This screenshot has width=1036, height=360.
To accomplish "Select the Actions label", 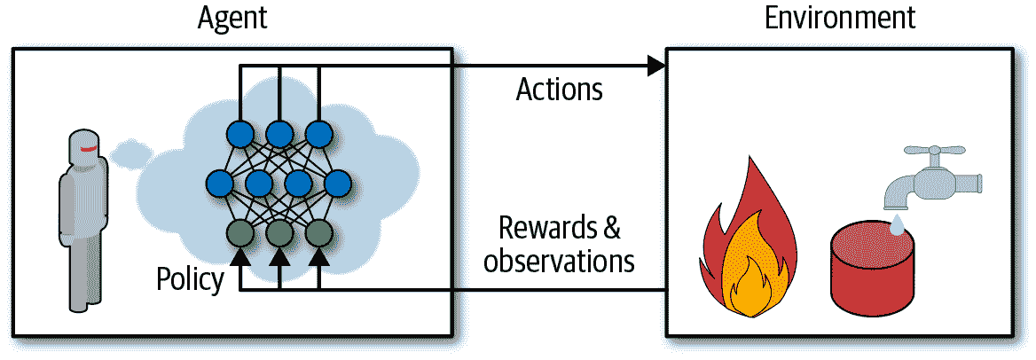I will pos(559,90).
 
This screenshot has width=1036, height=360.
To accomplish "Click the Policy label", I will pos(190,279).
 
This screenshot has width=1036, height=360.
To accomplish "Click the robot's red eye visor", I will pos(87,149).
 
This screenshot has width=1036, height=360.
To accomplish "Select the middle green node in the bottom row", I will pos(279,233).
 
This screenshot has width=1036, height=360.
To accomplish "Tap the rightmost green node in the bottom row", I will pos(318,233).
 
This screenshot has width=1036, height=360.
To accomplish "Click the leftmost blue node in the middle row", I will pos(220,184).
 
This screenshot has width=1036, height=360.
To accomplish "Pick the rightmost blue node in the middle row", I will pos(338,184).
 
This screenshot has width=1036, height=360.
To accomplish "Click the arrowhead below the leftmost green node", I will pos(239,258).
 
